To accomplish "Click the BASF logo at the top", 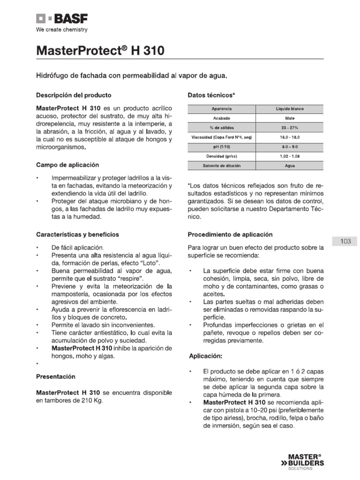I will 62,19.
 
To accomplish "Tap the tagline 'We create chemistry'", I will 62,30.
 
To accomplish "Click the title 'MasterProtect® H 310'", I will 100,51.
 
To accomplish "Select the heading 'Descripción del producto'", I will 74,95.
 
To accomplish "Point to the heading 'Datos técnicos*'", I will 211,95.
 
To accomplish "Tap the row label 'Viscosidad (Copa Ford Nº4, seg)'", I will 221,137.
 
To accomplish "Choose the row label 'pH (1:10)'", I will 221,146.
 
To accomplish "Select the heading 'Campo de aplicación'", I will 67,165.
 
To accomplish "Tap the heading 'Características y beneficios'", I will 77,234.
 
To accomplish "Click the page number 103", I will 346,241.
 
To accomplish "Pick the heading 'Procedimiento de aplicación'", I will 230,234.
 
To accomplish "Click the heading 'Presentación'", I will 55,376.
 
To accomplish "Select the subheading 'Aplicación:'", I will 205,356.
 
